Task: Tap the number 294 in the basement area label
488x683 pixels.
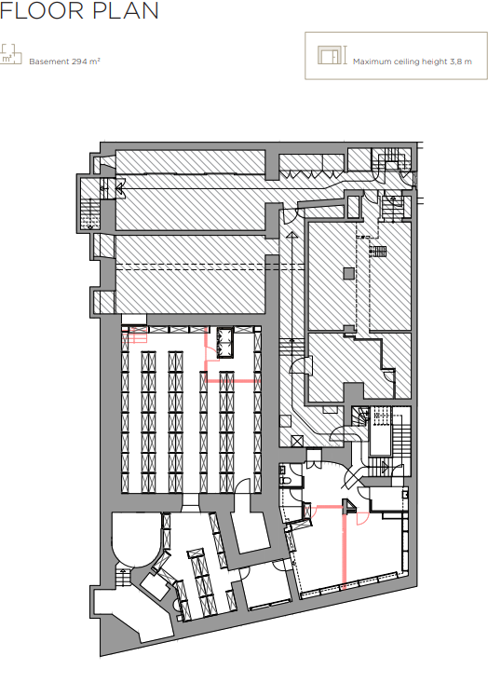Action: click(79, 61)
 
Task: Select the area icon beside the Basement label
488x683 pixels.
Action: click(11, 54)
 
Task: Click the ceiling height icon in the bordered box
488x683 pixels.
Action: click(332, 55)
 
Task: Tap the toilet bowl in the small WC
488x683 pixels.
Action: click(286, 479)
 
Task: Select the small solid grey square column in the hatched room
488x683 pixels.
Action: click(348, 273)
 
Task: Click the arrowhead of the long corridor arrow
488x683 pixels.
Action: click(291, 235)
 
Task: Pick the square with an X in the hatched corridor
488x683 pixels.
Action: click(297, 441)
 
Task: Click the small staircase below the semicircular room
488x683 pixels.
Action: click(123, 576)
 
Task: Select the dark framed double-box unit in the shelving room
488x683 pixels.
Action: click(225, 342)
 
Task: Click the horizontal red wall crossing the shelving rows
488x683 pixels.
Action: click(232, 381)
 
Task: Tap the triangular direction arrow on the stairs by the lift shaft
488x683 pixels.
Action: click(385, 468)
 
